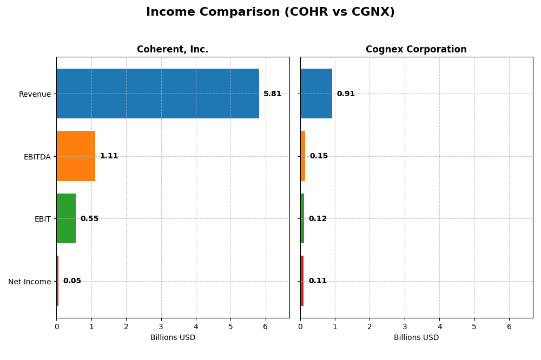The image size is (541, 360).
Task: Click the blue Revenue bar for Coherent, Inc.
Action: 157,94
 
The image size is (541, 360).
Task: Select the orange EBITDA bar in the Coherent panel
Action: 76,156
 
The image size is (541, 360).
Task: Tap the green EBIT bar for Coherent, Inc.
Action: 66,218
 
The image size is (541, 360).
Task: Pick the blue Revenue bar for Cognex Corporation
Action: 316,94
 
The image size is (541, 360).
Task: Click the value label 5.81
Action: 272,94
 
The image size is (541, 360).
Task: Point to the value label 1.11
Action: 109,156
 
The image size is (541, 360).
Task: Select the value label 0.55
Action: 89,219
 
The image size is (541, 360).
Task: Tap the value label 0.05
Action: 72,281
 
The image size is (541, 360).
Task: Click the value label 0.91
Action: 346,94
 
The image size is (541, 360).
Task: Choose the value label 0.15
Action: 319,156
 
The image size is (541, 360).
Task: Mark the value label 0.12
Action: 318,219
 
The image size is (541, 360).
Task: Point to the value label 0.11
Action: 318,281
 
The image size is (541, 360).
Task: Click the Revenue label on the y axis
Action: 35,95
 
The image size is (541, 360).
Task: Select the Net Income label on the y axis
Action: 29,282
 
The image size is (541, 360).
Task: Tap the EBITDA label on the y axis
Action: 37,157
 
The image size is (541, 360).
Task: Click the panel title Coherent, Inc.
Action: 173,50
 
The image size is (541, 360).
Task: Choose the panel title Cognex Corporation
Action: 416,50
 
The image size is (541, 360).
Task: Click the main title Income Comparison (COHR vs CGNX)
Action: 270,12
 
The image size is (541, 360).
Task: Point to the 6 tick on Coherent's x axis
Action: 265,327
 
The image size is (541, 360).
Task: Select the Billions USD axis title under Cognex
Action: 416,338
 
